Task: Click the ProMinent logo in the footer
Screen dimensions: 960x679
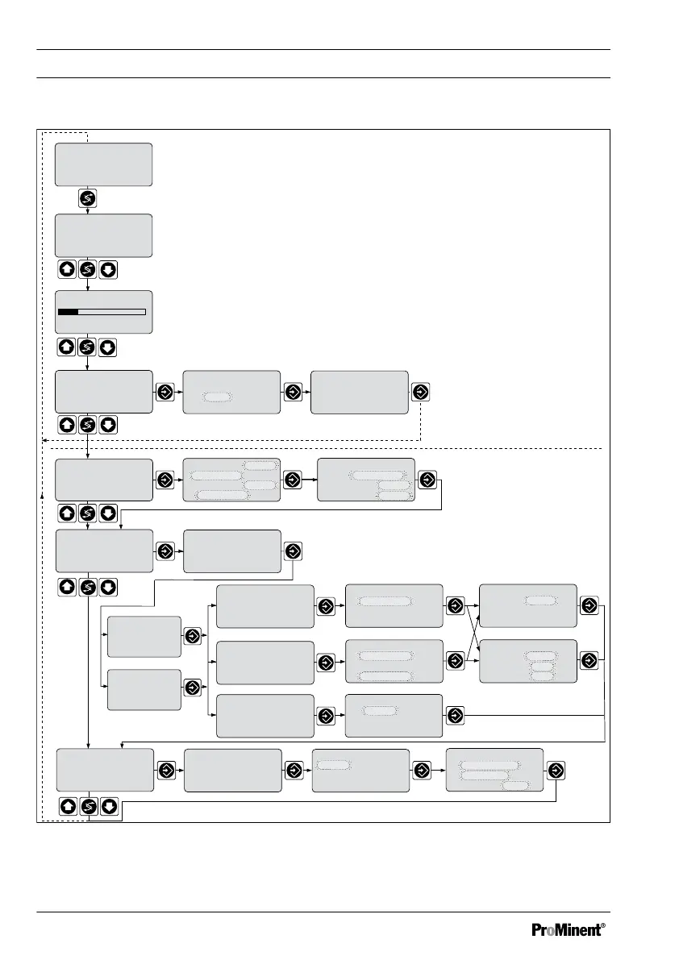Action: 566,929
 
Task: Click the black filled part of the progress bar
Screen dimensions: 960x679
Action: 68,311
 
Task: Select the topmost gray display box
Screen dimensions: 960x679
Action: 103,164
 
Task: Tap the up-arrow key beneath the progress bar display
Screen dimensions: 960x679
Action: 67,347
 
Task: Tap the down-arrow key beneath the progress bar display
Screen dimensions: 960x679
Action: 109,347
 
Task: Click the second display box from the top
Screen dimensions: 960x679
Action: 103,235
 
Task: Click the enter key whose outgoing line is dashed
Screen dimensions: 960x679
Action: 420,393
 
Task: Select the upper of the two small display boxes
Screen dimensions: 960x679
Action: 144,636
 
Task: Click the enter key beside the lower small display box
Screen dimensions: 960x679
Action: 192,688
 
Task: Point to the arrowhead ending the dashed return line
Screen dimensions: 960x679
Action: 43,441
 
